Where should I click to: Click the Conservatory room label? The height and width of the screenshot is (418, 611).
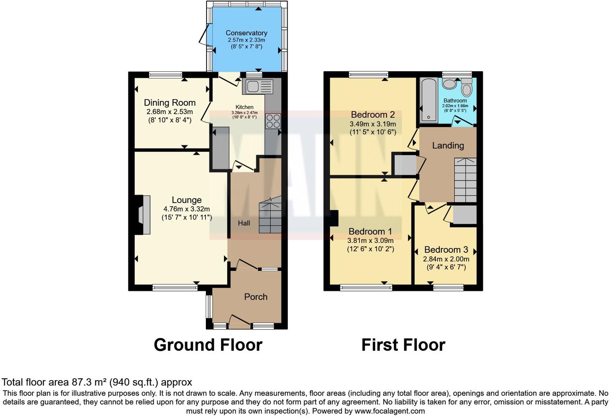[x=246, y=33]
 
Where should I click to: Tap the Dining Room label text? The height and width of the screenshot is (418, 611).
[x=170, y=103]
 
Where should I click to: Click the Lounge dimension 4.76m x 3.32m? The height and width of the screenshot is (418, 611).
[x=187, y=209]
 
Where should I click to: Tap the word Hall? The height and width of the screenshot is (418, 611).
[x=244, y=223]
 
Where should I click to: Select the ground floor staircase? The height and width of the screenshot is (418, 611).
[x=270, y=217]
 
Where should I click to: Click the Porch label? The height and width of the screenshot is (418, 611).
[x=256, y=297]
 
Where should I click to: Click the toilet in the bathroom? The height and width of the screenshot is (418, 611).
[x=466, y=87]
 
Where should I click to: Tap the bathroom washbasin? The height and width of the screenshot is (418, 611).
[x=449, y=84]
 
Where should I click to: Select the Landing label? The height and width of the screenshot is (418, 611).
[x=448, y=145]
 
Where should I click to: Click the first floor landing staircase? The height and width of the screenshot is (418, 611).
[x=465, y=180]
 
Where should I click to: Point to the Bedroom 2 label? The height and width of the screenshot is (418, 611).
[x=373, y=115]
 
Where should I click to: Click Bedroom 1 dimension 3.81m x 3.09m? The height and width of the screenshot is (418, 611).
[x=370, y=240]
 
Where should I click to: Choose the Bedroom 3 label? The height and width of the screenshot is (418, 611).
[x=446, y=250]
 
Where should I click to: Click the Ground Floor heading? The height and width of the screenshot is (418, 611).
[x=208, y=345]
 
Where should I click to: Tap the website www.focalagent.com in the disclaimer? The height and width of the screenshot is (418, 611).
[x=390, y=411]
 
